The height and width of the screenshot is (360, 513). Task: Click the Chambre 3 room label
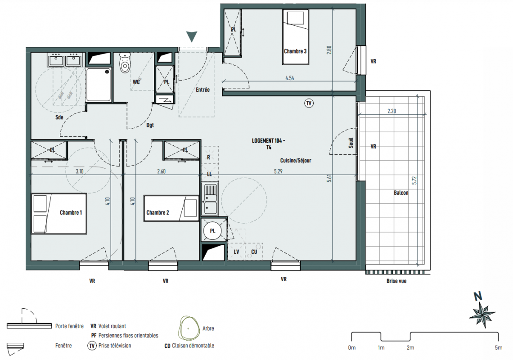pyautogui.click(x=295, y=51)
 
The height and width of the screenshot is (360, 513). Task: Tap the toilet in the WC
pyautogui.click(x=125, y=63)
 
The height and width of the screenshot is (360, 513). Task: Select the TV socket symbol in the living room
pyautogui.click(x=309, y=103)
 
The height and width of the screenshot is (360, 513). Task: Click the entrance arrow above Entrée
pyautogui.click(x=192, y=36)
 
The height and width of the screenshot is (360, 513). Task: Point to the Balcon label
pyautogui.click(x=401, y=193)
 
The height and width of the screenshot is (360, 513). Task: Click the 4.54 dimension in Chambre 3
pyautogui.click(x=289, y=78)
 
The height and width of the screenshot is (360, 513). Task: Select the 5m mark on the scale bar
pyautogui.click(x=498, y=347)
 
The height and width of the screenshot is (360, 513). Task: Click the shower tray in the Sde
pyautogui.click(x=99, y=85)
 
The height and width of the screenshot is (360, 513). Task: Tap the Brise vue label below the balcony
pyautogui.click(x=396, y=281)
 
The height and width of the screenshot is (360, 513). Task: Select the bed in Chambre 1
pyautogui.click(x=59, y=213)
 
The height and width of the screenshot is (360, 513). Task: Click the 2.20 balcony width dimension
pyautogui.click(x=391, y=111)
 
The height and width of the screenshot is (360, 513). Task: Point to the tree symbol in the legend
pyautogui.click(x=189, y=328)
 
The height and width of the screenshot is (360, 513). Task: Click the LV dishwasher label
pyautogui.click(x=237, y=252)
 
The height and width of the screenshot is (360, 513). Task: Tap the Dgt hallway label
pyautogui.click(x=150, y=125)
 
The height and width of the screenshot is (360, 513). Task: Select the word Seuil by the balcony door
pyautogui.click(x=351, y=143)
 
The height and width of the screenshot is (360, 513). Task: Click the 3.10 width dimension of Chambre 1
pyautogui.click(x=80, y=171)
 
